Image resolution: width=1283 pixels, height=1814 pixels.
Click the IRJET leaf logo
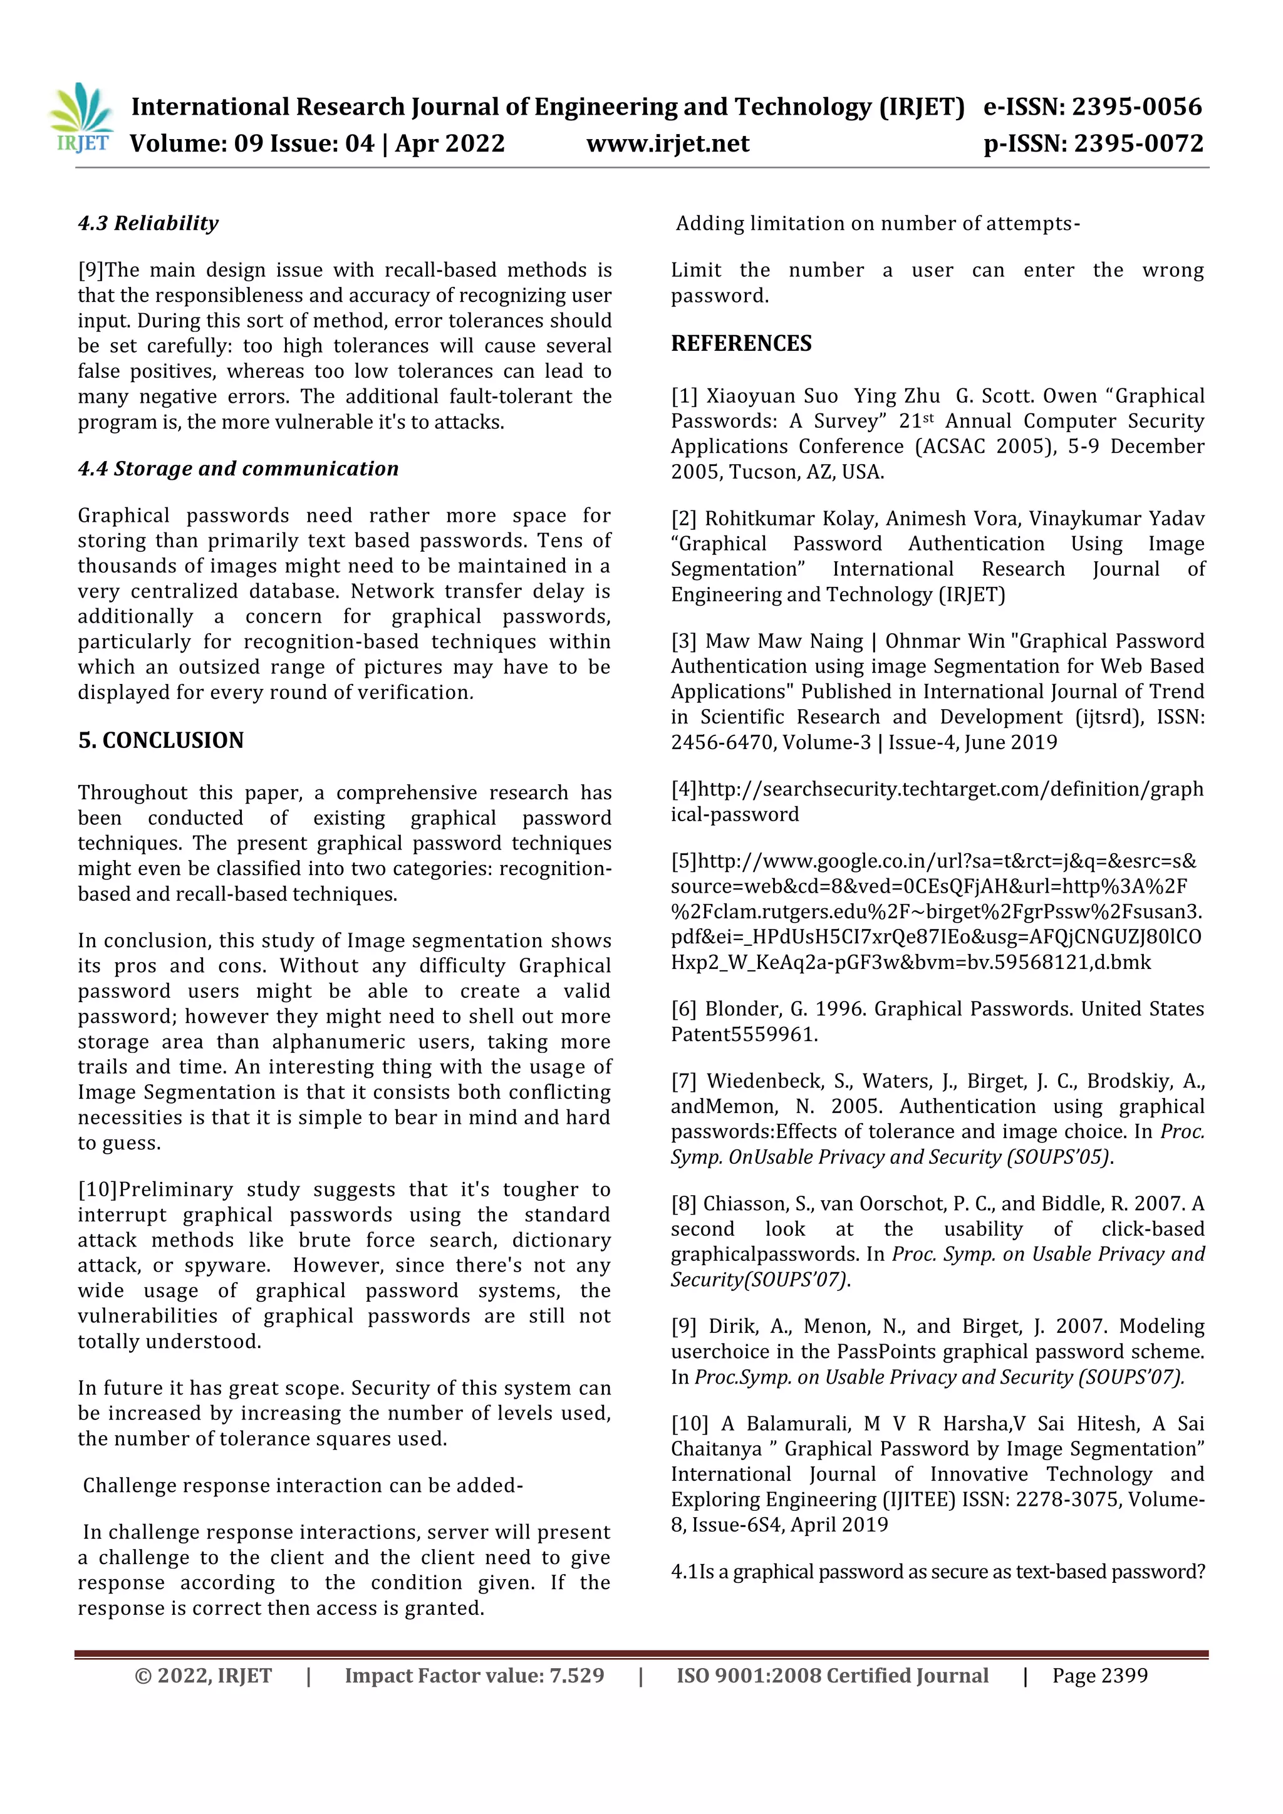click(x=81, y=118)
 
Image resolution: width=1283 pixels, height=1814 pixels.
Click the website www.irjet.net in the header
click(x=668, y=144)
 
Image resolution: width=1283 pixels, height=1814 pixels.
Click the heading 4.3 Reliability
click(x=148, y=224)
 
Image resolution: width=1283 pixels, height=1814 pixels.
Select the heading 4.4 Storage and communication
click(x=238, y=469)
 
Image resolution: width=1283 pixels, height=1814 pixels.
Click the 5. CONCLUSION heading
click(x=160, y=741)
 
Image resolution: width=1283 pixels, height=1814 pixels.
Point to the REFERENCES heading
click(x=741, y=344)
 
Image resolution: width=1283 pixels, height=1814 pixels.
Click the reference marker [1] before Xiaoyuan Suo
click(x=684, y=396)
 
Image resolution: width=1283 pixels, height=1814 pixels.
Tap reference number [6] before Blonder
click(x=684, y=1010)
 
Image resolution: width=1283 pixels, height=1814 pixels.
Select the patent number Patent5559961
click(x=744, y=1035)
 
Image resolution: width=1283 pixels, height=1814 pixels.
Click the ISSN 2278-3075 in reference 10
click(x=1066, y=1500)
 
